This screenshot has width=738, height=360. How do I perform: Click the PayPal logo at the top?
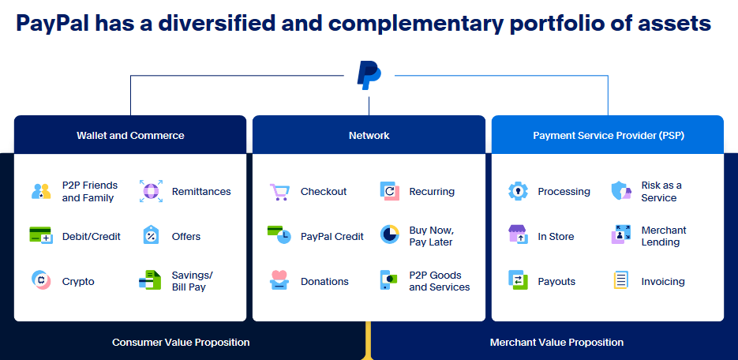(369, 75)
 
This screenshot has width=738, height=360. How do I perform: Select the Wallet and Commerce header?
(130, 136)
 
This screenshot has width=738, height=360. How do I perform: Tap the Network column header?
(369, 136)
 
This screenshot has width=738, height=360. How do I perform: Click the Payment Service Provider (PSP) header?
(608, 136)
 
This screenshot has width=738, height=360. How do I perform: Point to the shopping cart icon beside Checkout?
(279, 192)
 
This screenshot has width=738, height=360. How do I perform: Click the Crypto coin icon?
(41, 280)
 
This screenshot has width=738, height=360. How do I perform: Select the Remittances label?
(201, 192)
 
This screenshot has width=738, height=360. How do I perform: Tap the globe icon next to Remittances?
(151, 191)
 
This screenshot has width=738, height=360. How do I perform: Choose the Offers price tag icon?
(151, 234)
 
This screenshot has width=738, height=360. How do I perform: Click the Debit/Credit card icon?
(40, 234)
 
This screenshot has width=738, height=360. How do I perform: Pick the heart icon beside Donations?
(279, 279)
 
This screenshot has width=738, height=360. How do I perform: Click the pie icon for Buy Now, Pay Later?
(390, 234)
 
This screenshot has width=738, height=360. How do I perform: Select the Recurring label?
(432, 192)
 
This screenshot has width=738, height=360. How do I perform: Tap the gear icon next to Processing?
(519, 191)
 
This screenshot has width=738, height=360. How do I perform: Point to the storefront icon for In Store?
(519, 234)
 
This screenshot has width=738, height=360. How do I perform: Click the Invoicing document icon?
(621, 280)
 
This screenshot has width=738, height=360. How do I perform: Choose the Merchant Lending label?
(664, 236)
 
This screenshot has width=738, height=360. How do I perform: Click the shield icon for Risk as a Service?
(621, 190)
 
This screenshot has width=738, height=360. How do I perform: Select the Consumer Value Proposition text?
(181, 342)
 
